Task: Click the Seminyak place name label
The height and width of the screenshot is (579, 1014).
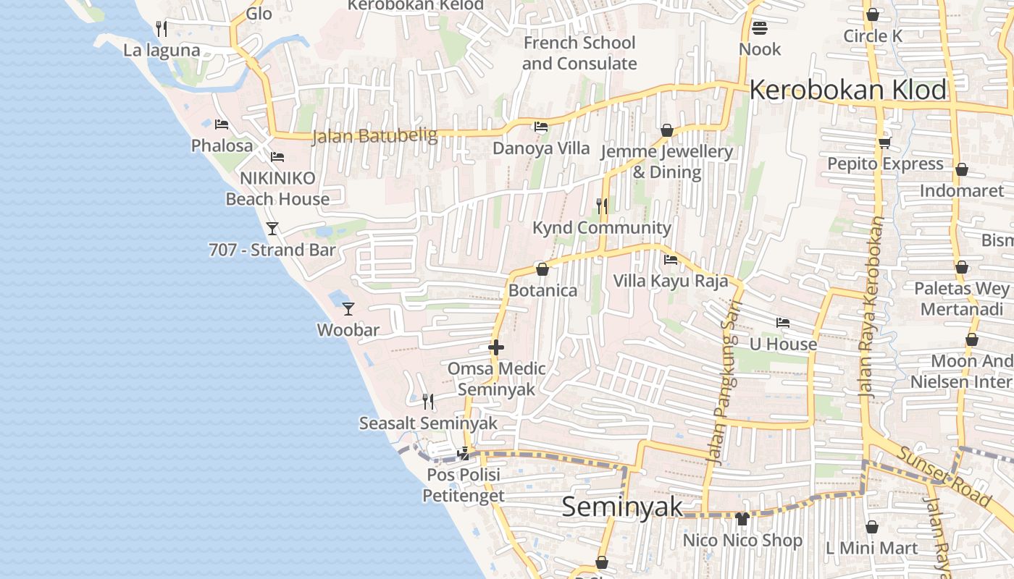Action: pos(622,507)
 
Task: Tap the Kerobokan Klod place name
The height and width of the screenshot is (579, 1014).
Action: pos(847,90)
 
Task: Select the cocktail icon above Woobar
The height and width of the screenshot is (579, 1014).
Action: pos(348,309)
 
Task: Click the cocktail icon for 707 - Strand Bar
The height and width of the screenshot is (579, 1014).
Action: pos(272,229)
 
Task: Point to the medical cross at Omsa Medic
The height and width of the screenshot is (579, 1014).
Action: pos(496,347)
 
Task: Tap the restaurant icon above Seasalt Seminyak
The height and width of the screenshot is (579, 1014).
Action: pos(428,401)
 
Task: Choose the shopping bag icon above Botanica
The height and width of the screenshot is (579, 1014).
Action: pos(542,270)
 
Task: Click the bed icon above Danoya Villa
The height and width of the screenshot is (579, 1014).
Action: pos(541,127)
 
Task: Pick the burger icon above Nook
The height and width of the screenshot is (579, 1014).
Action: pos(760,28)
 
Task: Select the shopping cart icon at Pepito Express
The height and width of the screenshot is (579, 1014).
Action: pos(884,143)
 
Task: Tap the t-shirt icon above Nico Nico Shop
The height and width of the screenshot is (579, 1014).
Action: pos(742,518)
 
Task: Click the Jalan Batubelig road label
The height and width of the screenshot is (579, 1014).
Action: pos(374,135)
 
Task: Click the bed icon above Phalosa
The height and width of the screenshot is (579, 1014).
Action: pos(222,124)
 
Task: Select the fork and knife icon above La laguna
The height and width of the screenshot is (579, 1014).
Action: pos(162,29)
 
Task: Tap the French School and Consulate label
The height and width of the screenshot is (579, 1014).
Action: pos(579,53)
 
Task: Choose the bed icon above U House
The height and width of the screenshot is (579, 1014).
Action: pos(783,323)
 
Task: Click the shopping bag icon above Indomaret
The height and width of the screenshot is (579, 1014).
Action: pos(962,170)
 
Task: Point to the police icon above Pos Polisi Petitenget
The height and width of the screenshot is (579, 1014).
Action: pos(463,455)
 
